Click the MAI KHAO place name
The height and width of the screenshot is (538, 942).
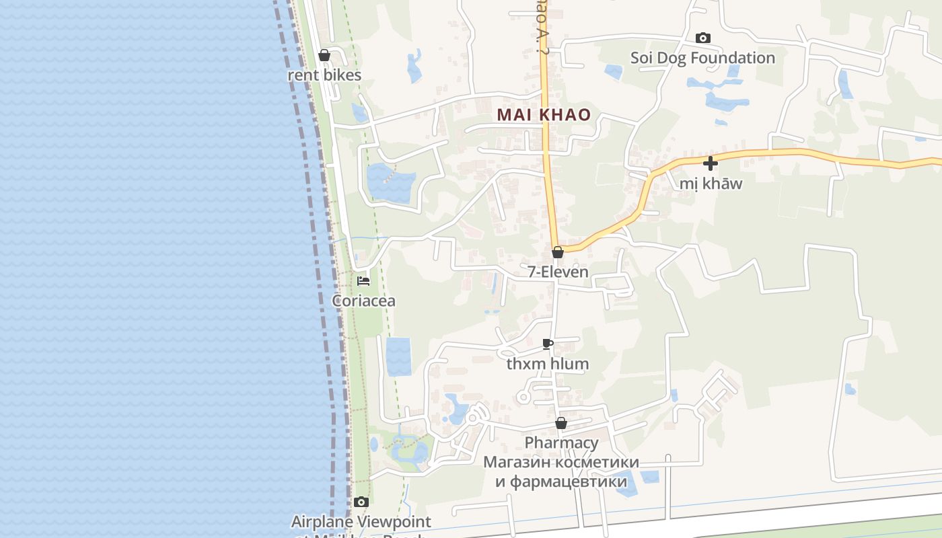coord(544,115)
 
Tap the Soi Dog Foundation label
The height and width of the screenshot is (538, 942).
coord(702,58)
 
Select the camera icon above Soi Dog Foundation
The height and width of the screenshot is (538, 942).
coord(702,38)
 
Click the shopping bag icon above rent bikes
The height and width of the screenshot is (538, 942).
coord(324,55)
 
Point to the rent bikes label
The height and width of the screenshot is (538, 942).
coord(324,75)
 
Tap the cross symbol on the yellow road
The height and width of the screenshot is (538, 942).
coord(710,163)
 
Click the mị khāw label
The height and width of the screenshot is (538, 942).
coord(711,184)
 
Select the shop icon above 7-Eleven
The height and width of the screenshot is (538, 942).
coord(557,252)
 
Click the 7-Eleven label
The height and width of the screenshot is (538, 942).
coord(558,272)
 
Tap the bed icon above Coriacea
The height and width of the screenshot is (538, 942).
coord(363,280)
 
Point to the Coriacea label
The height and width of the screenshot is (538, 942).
coord(363,301)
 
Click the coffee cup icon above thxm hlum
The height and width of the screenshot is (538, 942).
coord(548,344)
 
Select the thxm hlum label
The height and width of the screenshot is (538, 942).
coord(548,364)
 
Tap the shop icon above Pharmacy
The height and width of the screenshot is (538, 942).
coord(560,423)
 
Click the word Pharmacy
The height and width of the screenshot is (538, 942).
coord(561,443)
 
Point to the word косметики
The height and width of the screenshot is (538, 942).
coord(595,463)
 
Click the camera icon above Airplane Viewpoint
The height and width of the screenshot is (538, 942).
coord(361,502)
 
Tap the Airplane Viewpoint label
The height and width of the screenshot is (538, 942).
coord(361,522)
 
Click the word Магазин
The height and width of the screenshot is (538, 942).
coord(515,463)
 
